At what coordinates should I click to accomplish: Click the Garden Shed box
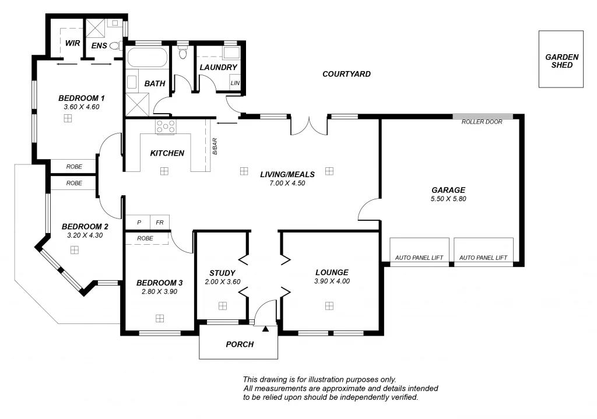pos(561,59)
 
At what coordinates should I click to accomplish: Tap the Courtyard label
pos(346,74)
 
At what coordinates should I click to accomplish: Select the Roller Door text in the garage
pos(482,122)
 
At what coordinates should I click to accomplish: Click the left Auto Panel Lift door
pos(419,251)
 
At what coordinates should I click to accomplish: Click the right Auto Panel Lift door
pos(483,251)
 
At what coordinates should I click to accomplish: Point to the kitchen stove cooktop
pos(166,126)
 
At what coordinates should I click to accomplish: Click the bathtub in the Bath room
pos(147,58)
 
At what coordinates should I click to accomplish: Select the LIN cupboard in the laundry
pos(235,83)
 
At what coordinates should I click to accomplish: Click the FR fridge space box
pos(159,222)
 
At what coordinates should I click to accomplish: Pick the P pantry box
pos(139,222)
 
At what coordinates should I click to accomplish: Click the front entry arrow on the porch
pos(266,329)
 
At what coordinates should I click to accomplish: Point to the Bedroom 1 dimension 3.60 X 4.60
pos(82,107)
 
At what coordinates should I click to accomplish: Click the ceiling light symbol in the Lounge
pos(329,305)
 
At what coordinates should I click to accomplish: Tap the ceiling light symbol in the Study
pos(222,305)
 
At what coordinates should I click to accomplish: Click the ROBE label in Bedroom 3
pos(145,238)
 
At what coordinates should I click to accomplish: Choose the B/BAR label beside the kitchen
pos(215,146)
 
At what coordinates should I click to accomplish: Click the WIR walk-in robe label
pos(72,43)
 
